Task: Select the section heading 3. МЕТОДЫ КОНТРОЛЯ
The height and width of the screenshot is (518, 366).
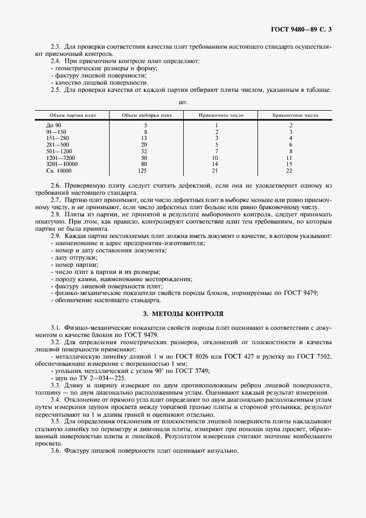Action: point(183,313)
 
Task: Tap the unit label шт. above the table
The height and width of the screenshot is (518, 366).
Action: point(183,102)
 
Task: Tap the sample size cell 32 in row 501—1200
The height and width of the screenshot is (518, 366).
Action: point(145,151)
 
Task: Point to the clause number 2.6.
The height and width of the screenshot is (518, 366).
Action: point(55,184)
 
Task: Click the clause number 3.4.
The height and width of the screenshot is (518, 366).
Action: point(55,399)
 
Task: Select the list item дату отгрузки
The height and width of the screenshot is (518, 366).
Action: point(76,258)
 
